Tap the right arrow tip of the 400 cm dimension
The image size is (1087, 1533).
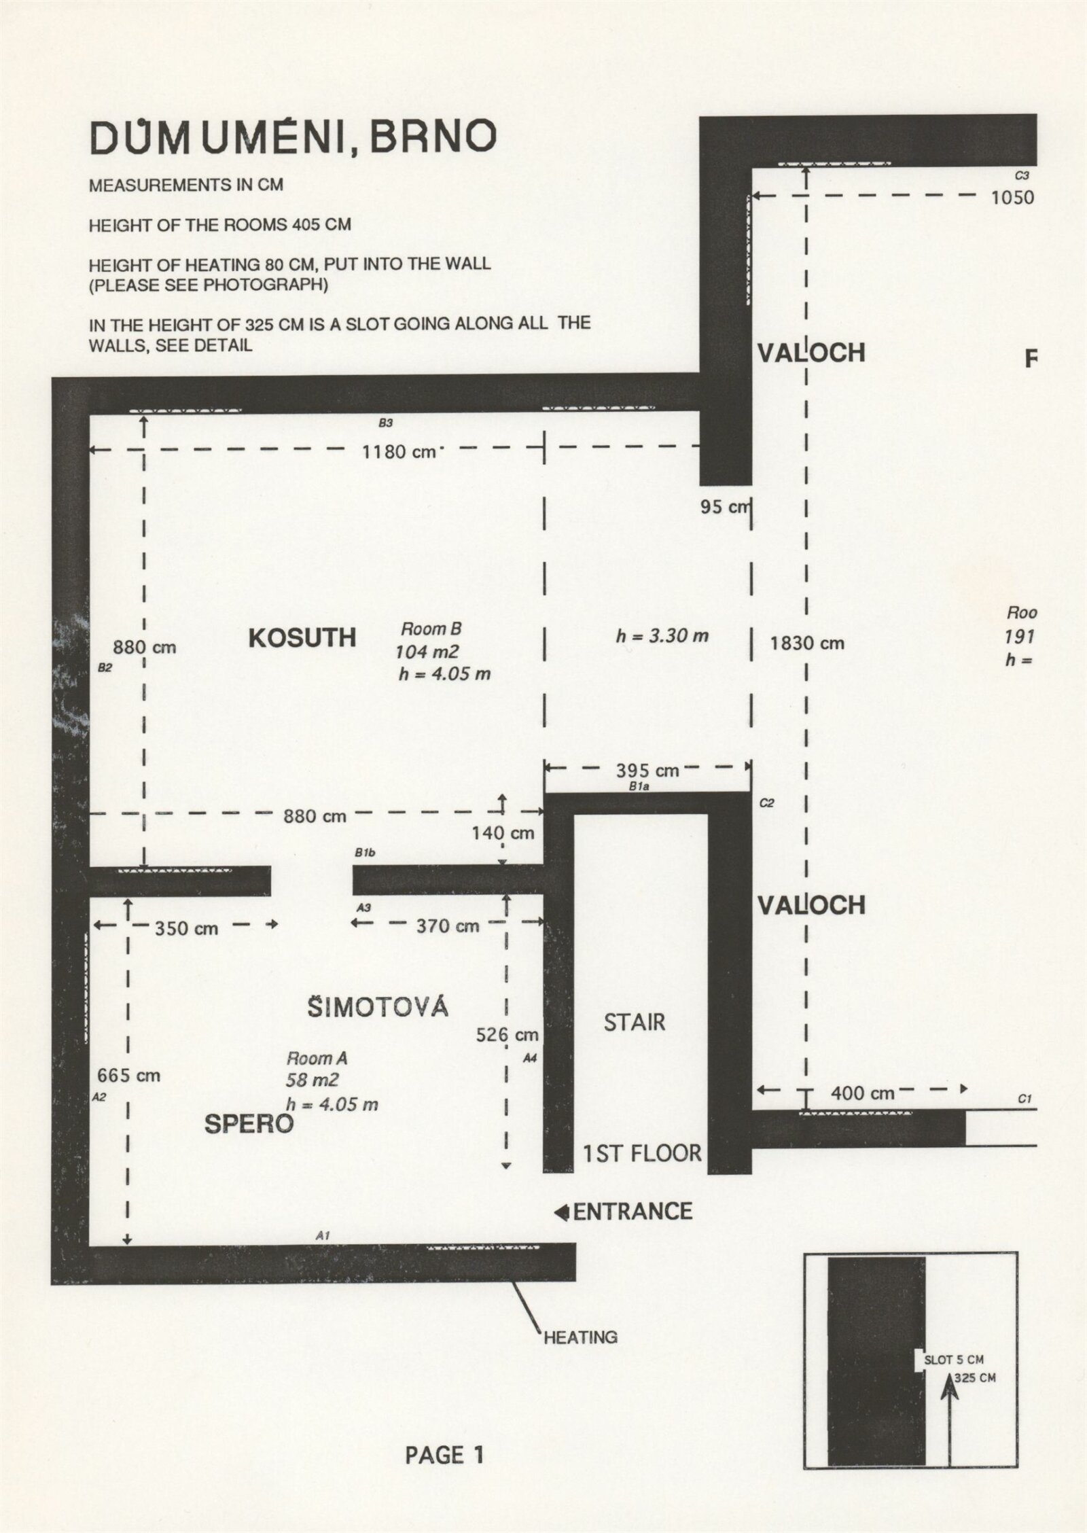click(967, 1089)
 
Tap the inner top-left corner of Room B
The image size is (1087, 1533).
click(90, 412)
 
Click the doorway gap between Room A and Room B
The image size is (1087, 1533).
click(312, 881)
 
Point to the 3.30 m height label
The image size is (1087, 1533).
click(662, 636)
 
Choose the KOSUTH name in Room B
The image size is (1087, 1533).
click(302, 638)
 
